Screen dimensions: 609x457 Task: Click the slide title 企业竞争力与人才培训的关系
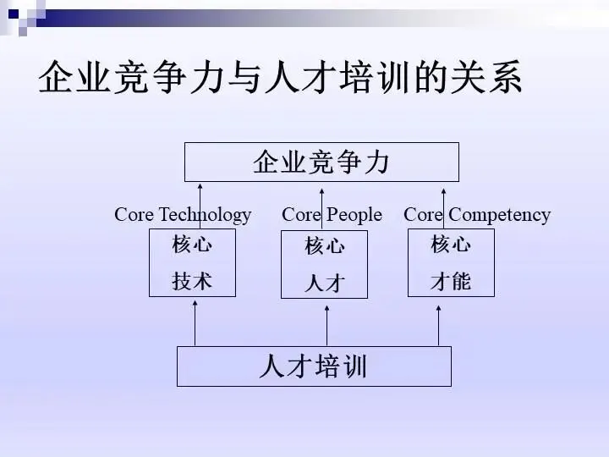280,78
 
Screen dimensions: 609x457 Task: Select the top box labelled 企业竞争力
321,162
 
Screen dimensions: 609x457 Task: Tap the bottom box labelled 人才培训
314,366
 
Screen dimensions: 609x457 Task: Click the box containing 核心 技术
192,263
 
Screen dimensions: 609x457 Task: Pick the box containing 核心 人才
324,265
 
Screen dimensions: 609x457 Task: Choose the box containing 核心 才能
450,263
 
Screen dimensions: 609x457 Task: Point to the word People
354,215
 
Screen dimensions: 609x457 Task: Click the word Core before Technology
134,215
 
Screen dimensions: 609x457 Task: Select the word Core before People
301,215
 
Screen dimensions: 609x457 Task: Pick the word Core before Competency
423,215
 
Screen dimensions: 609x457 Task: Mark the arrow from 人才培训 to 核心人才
326,324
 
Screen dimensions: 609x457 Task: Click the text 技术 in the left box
192,281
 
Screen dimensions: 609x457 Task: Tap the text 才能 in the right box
450,281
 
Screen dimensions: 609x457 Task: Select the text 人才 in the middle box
324,283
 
